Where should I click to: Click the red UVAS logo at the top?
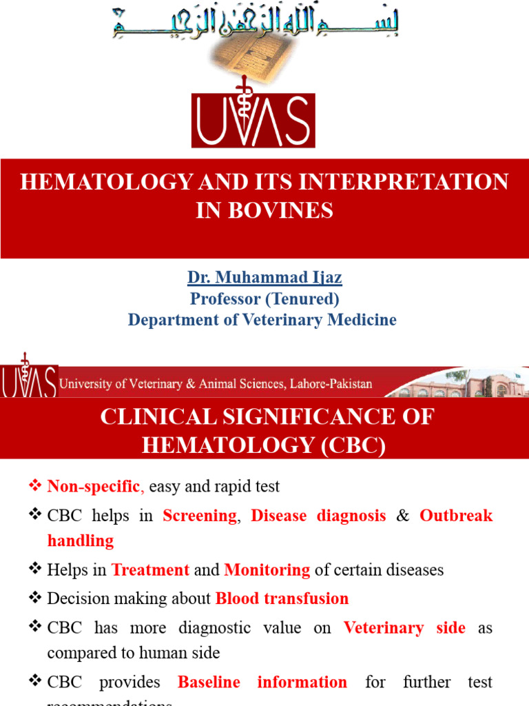253,120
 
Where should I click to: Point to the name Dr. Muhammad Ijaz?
264,278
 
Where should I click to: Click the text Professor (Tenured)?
264,299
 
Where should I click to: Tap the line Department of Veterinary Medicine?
262,320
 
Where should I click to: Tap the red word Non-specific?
94,487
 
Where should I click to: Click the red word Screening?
200,516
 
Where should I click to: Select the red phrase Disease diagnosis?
318,516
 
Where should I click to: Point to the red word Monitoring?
267,570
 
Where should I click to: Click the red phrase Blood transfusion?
282,598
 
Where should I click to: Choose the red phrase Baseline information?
262,683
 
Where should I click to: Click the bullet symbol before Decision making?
36,598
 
